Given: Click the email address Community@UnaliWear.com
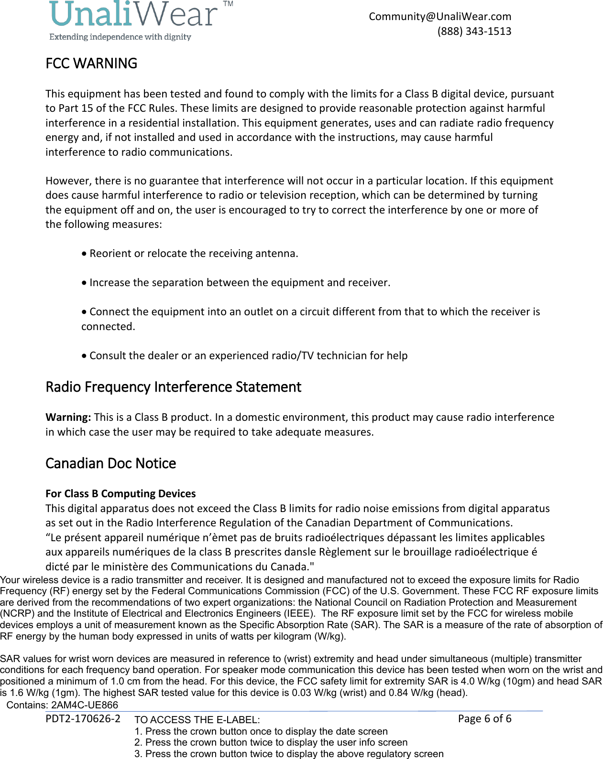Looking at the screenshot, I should (x=439, y=17).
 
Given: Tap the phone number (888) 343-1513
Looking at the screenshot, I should (x=474, y=32).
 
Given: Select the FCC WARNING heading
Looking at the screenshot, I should (x=91, y=64).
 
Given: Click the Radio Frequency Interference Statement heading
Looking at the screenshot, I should (x=173, y=387).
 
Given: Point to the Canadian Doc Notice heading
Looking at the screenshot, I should (x=110, y=463).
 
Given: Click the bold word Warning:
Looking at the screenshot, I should (x=68, y=417).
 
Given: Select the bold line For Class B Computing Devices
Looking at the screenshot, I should (x=121, y=493).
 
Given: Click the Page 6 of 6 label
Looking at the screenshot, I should (x=484, y=719).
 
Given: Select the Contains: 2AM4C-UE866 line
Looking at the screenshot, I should (x=62, y=705).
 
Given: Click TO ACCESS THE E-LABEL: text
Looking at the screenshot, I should (x=197, y=720).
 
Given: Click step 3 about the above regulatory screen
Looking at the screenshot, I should (x=289, y=754).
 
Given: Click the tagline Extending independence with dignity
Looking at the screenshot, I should (x=120, y=37).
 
